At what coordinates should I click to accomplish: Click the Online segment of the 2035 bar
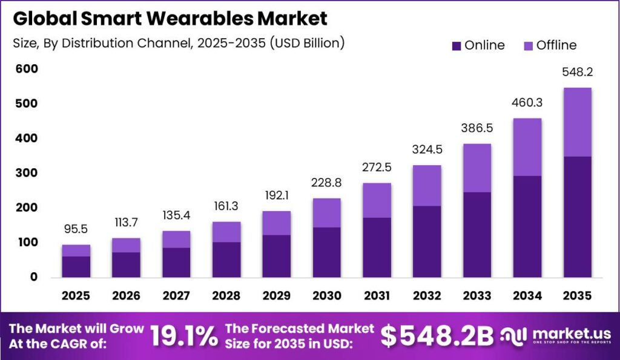point(577,217)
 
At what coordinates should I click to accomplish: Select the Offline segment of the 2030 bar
point(326,213)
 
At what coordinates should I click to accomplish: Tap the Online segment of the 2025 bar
point(76,267)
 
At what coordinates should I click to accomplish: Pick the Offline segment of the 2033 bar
point(477,168)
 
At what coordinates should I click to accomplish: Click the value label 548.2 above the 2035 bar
point(577,72)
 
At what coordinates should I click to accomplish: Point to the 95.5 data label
point(76,229)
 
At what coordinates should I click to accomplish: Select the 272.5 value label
point(377,167)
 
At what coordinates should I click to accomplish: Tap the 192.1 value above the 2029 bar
point(276,195)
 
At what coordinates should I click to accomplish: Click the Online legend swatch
point(457,46)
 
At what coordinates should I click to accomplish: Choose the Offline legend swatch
point(528,46)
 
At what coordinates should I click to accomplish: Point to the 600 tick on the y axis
point(27,69)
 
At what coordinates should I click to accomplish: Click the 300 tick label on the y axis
point(27,172)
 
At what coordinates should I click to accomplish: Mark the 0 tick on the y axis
point(34,277)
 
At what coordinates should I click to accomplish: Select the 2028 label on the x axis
point(226,296)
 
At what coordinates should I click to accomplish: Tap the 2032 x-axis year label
point(427,296)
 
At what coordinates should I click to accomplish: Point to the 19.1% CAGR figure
point(184,336)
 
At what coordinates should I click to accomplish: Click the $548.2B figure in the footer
point(437,336)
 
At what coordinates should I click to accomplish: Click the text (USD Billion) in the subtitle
point(307,43)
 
